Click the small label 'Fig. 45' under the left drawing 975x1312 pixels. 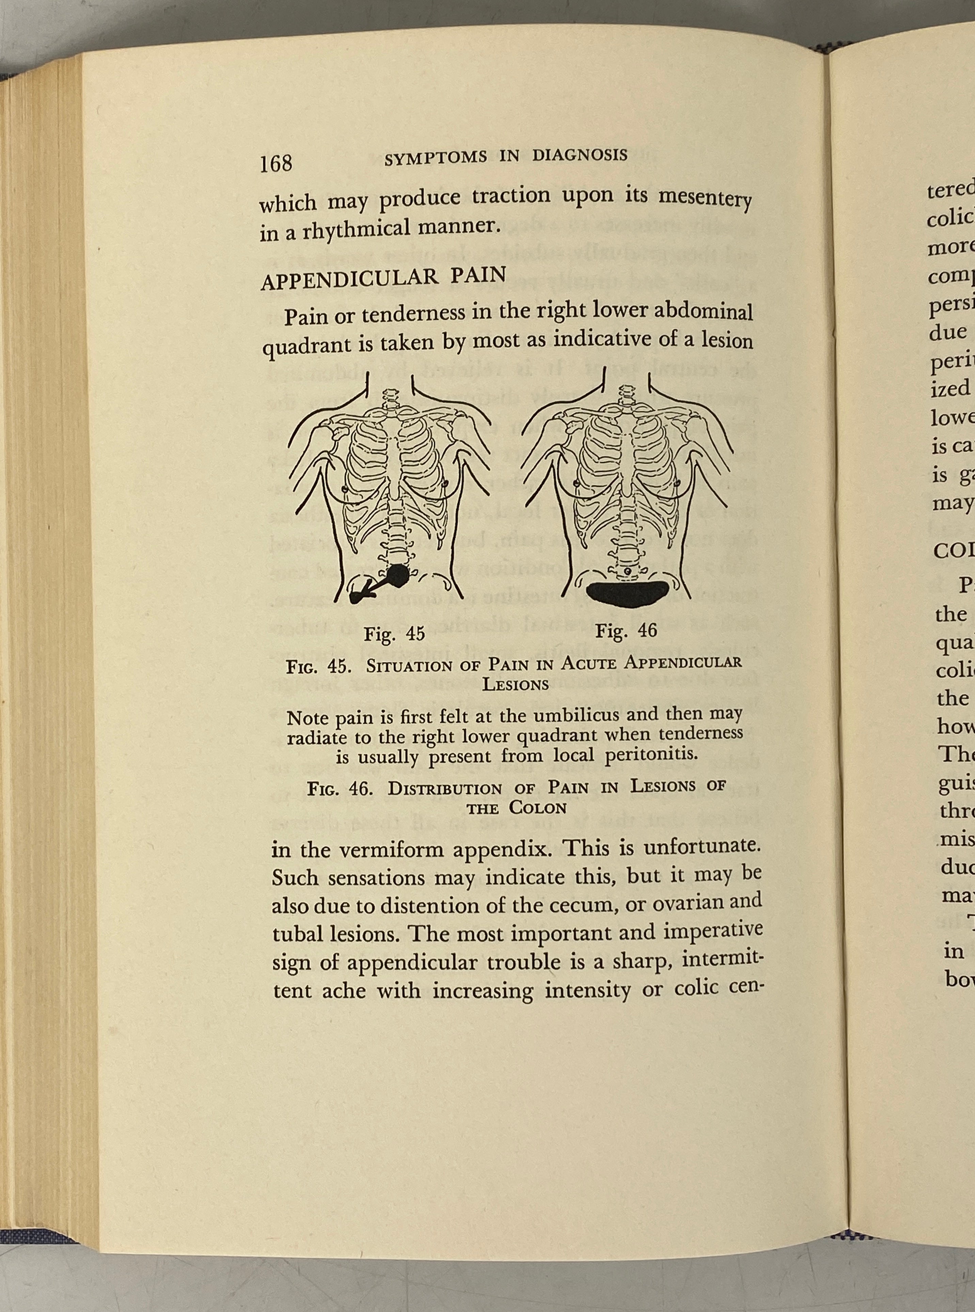coord(394,634)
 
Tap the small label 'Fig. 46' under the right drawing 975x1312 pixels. coord(626,631)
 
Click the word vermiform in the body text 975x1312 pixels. coord(397,851)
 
